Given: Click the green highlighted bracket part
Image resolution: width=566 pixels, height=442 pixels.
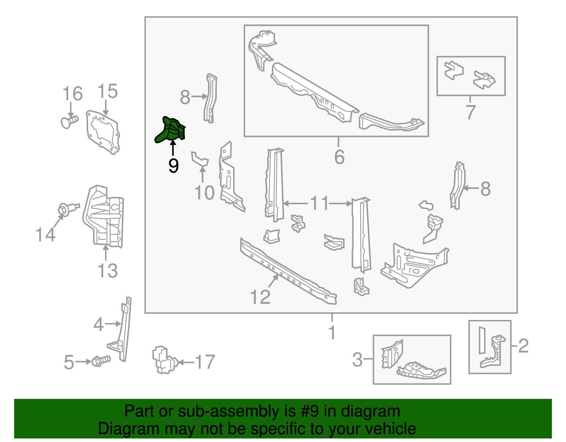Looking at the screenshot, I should click(x=171, y=130).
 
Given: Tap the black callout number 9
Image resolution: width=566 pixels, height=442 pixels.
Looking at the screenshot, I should click(x=173, y=166).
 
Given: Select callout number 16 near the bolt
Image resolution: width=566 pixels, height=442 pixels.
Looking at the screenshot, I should click(x=72, y=94).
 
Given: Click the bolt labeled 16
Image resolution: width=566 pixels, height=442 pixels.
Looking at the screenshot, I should click(x=69, y=122).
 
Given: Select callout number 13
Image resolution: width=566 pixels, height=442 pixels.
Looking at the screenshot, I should click(x=108, y=271).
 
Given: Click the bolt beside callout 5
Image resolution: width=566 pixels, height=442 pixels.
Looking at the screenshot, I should click(x=101, y=361).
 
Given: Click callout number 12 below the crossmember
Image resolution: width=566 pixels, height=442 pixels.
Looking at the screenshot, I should click(x=260, y=297).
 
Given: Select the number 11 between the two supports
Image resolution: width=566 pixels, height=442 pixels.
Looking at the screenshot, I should click(x=319, y=203).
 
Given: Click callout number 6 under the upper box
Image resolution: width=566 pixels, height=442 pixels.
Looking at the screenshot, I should click(x=339, y=157).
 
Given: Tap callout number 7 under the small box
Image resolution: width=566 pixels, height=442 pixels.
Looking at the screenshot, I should click(x=470, y=112).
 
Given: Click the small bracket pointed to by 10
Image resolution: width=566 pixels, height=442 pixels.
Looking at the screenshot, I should click(x=200, y=159).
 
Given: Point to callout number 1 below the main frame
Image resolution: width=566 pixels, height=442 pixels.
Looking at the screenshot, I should click(x=332, y=333).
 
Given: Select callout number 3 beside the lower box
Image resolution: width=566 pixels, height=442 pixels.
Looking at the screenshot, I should click(x=358, y=360).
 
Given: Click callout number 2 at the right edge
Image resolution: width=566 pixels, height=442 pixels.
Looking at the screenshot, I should click(x=523, y=345).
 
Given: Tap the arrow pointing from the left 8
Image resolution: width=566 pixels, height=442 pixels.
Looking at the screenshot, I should click(x=200, y=96).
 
